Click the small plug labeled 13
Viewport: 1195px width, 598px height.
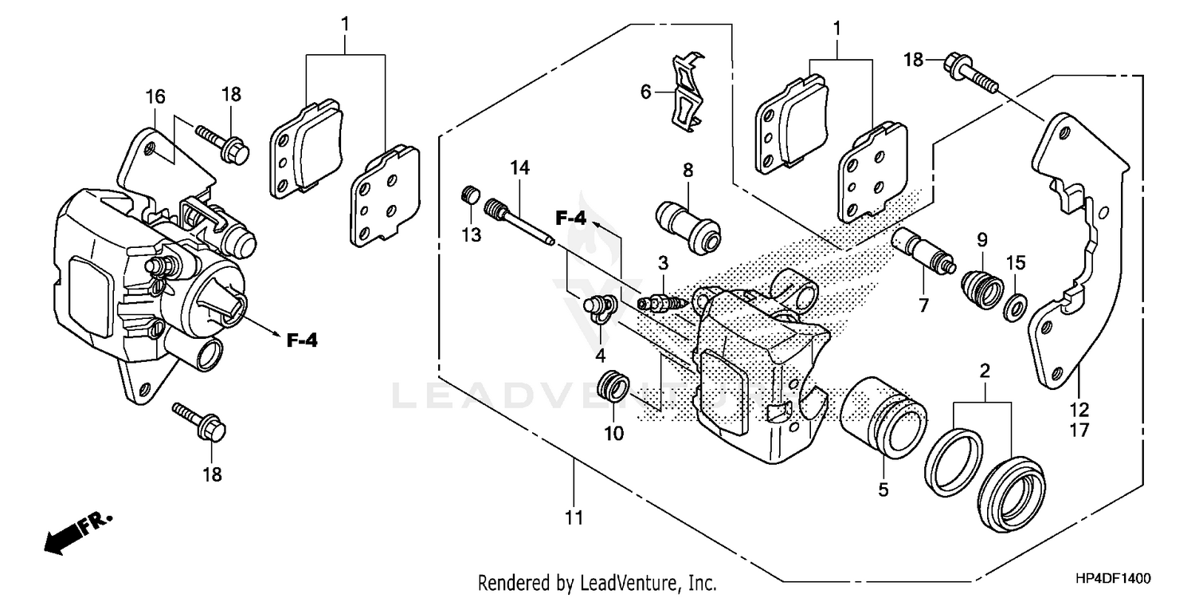471,195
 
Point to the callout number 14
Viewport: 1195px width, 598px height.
519,167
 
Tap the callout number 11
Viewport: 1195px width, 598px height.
574,518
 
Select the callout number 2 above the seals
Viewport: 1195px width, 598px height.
984,371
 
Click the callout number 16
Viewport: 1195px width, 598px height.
155,96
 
